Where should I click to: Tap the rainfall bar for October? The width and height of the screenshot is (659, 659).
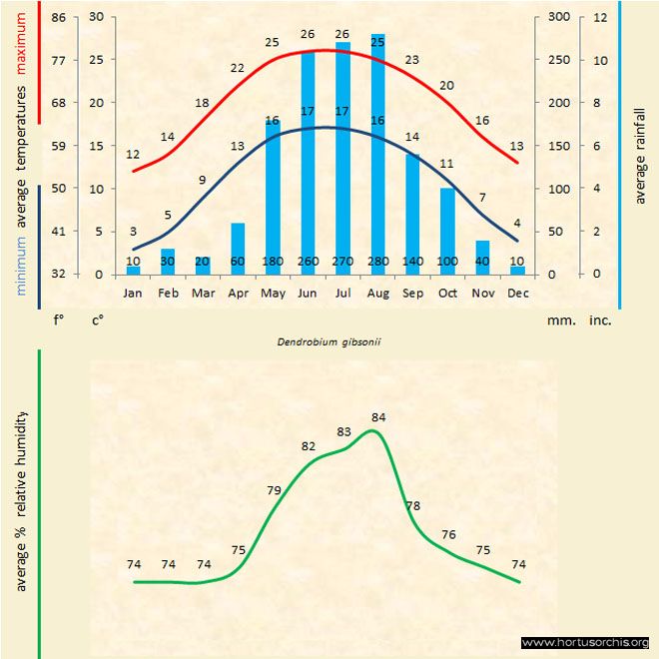447,231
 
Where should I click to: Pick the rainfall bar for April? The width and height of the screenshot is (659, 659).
238,249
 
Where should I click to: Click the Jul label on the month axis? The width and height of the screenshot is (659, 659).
342,294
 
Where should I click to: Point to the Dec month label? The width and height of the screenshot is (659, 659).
517,294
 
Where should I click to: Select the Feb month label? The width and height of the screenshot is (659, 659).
168,294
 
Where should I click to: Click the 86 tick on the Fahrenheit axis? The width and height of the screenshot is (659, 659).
59,17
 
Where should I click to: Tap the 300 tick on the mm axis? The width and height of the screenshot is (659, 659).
559,17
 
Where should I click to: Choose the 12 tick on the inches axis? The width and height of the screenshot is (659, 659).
599,17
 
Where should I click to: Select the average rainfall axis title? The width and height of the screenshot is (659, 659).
640,154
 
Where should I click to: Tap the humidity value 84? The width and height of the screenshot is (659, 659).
378,416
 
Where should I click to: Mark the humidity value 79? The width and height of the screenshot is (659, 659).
275,489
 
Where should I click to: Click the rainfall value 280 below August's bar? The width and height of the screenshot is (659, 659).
377,262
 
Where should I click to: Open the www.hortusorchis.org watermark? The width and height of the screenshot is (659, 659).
585,642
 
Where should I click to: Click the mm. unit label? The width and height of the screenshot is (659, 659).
559,322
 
